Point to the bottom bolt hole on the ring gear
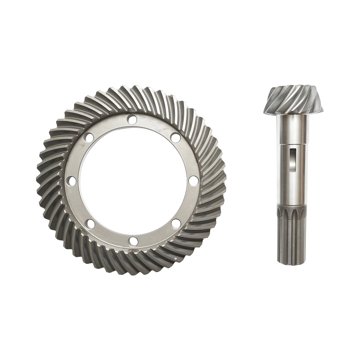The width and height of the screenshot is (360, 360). point(133,241)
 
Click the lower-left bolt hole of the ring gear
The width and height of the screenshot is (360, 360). point(90,223)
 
